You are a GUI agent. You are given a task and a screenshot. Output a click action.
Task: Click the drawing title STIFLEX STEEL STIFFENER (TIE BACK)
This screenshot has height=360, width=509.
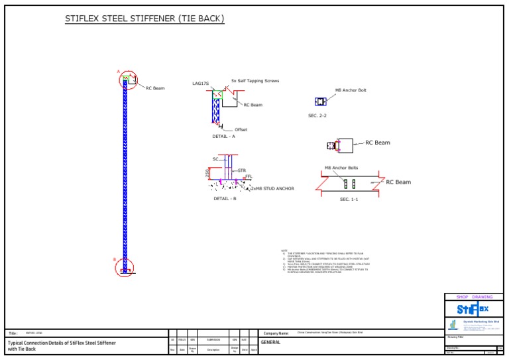pyautogui.click(x=144, y=19)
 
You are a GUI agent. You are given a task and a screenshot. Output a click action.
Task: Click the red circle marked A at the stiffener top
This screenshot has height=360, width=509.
pyautogui.click(x=127, y=80)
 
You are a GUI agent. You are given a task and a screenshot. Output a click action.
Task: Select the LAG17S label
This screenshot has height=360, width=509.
pyautogui.click(x=200, y=84)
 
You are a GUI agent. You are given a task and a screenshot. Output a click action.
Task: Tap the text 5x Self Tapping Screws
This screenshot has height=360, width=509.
pyautogui.click(x=255, y=81)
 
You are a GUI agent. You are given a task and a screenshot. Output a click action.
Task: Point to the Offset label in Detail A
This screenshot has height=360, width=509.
pyautogui.click(x=241, y=130)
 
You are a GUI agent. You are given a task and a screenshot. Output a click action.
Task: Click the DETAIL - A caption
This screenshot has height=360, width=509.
pyautogui.click(x=223, y=137)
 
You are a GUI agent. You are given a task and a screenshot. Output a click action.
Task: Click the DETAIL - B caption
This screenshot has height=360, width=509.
pyautogui.click(x=225, y=198)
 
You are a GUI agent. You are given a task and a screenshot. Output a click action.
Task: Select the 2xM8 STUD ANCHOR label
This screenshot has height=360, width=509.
pyautogui.click(x=272, y=188)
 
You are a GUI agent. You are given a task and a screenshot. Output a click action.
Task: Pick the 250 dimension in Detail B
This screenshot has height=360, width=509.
pyautogui.click(x=207, y=172)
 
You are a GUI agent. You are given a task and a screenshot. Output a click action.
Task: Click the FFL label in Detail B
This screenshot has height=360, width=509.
pyautogui.click(x=249, y=176)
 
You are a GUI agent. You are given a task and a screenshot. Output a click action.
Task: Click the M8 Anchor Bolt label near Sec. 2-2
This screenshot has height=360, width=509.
pyautogui.click(x=351, y=90)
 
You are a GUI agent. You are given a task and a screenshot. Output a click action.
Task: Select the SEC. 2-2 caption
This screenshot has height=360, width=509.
pyautogui.click(x=317, y=115)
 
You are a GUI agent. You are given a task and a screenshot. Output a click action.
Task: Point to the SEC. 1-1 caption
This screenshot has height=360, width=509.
pyautogui.click(x=349, y=199)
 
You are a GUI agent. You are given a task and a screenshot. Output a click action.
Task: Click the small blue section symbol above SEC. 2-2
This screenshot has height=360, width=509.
pyautogui.click(x=320, y=101)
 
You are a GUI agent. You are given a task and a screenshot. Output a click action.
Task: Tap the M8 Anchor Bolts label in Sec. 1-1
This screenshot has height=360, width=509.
pyautogui.click(x=341, y=168)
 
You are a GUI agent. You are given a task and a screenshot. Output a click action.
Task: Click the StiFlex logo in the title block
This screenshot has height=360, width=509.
pyautogui.click(x=473, y=309)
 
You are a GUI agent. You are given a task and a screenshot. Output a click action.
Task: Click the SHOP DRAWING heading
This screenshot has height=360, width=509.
pyautogui.click(x=473, y=297)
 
